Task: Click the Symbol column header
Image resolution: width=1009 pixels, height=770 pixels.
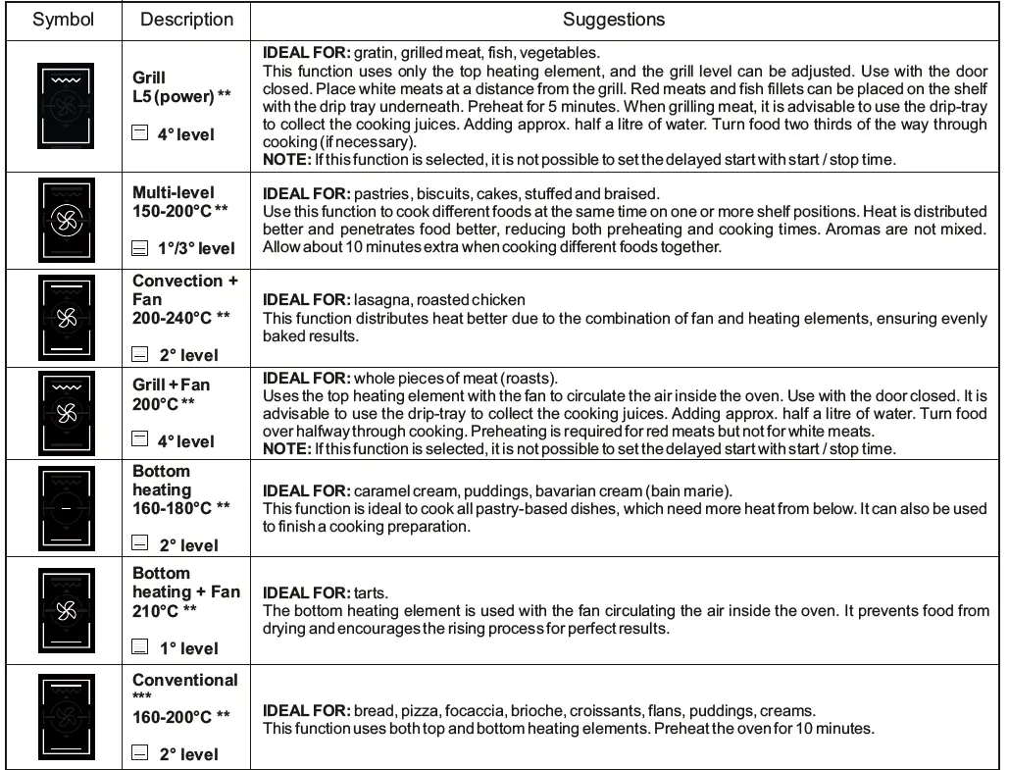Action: coord(64,20)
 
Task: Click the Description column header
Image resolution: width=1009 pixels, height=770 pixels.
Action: coord(186,20)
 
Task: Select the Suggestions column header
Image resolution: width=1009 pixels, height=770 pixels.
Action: coord(614,20)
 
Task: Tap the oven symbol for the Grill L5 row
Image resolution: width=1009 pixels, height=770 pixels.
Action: coord(66,105)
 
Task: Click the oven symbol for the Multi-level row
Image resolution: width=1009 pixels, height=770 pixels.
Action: coord(66,220)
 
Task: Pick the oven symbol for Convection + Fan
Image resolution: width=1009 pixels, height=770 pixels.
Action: coord(66,317)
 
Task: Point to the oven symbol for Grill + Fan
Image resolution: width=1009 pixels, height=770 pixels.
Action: coord(66,411)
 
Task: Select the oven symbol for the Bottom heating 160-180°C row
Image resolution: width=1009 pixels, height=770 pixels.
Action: coord(66,508)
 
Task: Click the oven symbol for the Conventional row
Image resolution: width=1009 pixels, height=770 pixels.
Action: coord(66,716)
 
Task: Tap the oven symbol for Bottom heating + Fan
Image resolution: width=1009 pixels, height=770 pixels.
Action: coord(66,610)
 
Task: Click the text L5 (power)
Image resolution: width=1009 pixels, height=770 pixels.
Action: coord(174,96)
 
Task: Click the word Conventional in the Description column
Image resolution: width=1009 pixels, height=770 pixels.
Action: coord(185,680)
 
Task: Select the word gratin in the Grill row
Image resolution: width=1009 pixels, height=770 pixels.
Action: coord(374,53)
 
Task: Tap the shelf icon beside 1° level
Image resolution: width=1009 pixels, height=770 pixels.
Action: coord(140,647)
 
